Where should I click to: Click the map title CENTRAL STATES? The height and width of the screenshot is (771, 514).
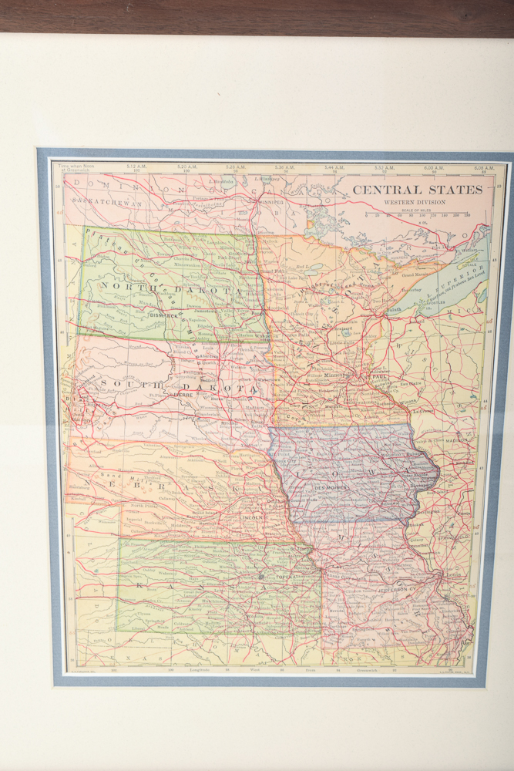click(x=418, y=190)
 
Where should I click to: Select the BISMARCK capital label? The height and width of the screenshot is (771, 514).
click(x=163, y=315)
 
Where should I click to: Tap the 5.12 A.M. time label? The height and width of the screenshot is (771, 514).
click(x=136, y=167)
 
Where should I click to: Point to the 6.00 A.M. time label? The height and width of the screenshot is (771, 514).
click(x=434, y=167)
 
